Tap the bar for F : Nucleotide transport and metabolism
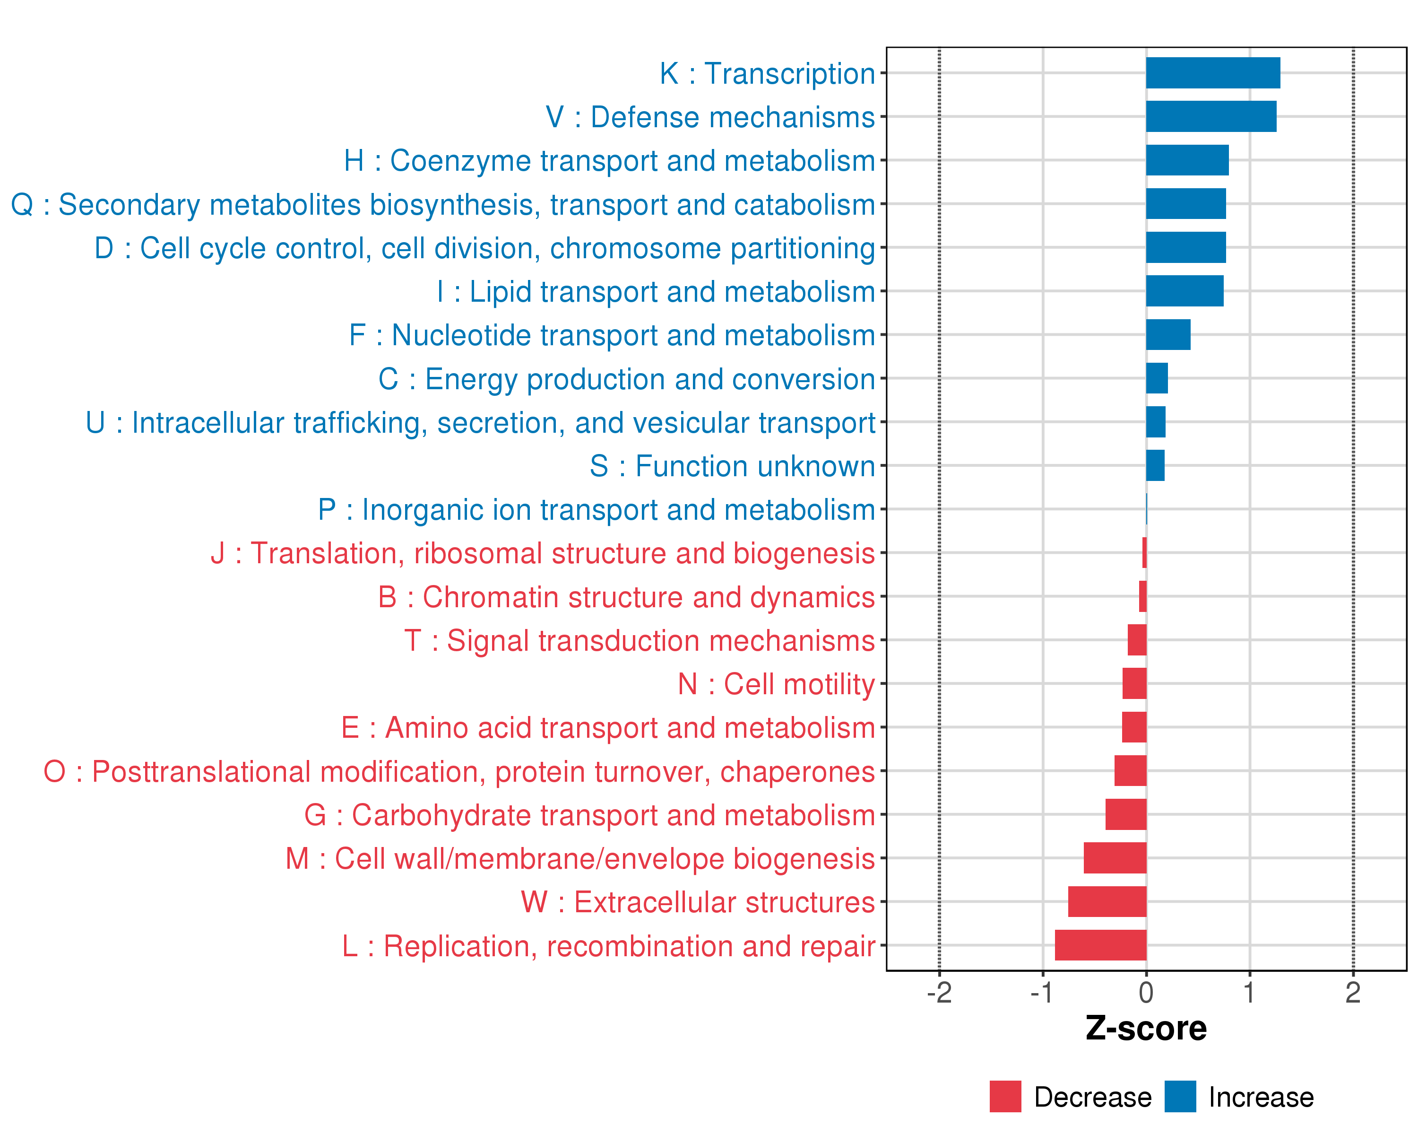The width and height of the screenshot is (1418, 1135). click(x=1168, y=335)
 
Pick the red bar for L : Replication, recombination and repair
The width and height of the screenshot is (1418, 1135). click(x=1100, y=945)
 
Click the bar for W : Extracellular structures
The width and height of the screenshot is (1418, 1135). click(x=1107, y=901)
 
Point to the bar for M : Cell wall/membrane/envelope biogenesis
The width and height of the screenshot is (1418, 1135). click(x=1115, y=858)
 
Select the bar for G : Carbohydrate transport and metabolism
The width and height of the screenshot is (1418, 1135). click(x=1126, y=814)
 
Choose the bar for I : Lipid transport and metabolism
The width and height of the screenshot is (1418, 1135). click(x=1185, y=291)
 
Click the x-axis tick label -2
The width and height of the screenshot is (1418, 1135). click(x=939, y=992)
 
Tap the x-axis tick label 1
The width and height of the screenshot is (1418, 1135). click(x=1249, y=992)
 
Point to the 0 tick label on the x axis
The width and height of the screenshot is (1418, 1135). click(x=1146, y=992)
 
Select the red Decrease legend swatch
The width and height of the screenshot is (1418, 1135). click(x=1005, y=1097)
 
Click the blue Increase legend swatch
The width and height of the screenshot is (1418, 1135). click(x=1180, y=1097)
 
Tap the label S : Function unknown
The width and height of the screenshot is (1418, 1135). click(x=732, y=466)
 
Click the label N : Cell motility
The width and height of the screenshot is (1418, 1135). click(x=776, y=684)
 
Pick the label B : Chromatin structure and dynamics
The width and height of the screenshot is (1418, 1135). click(x=626, y=597)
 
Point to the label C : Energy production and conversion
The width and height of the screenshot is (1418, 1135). click(x=626, y=379)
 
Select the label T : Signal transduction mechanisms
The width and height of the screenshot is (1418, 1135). click(x=640, y=641)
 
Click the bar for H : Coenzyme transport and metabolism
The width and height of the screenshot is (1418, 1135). click(x=1187, y=160)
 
